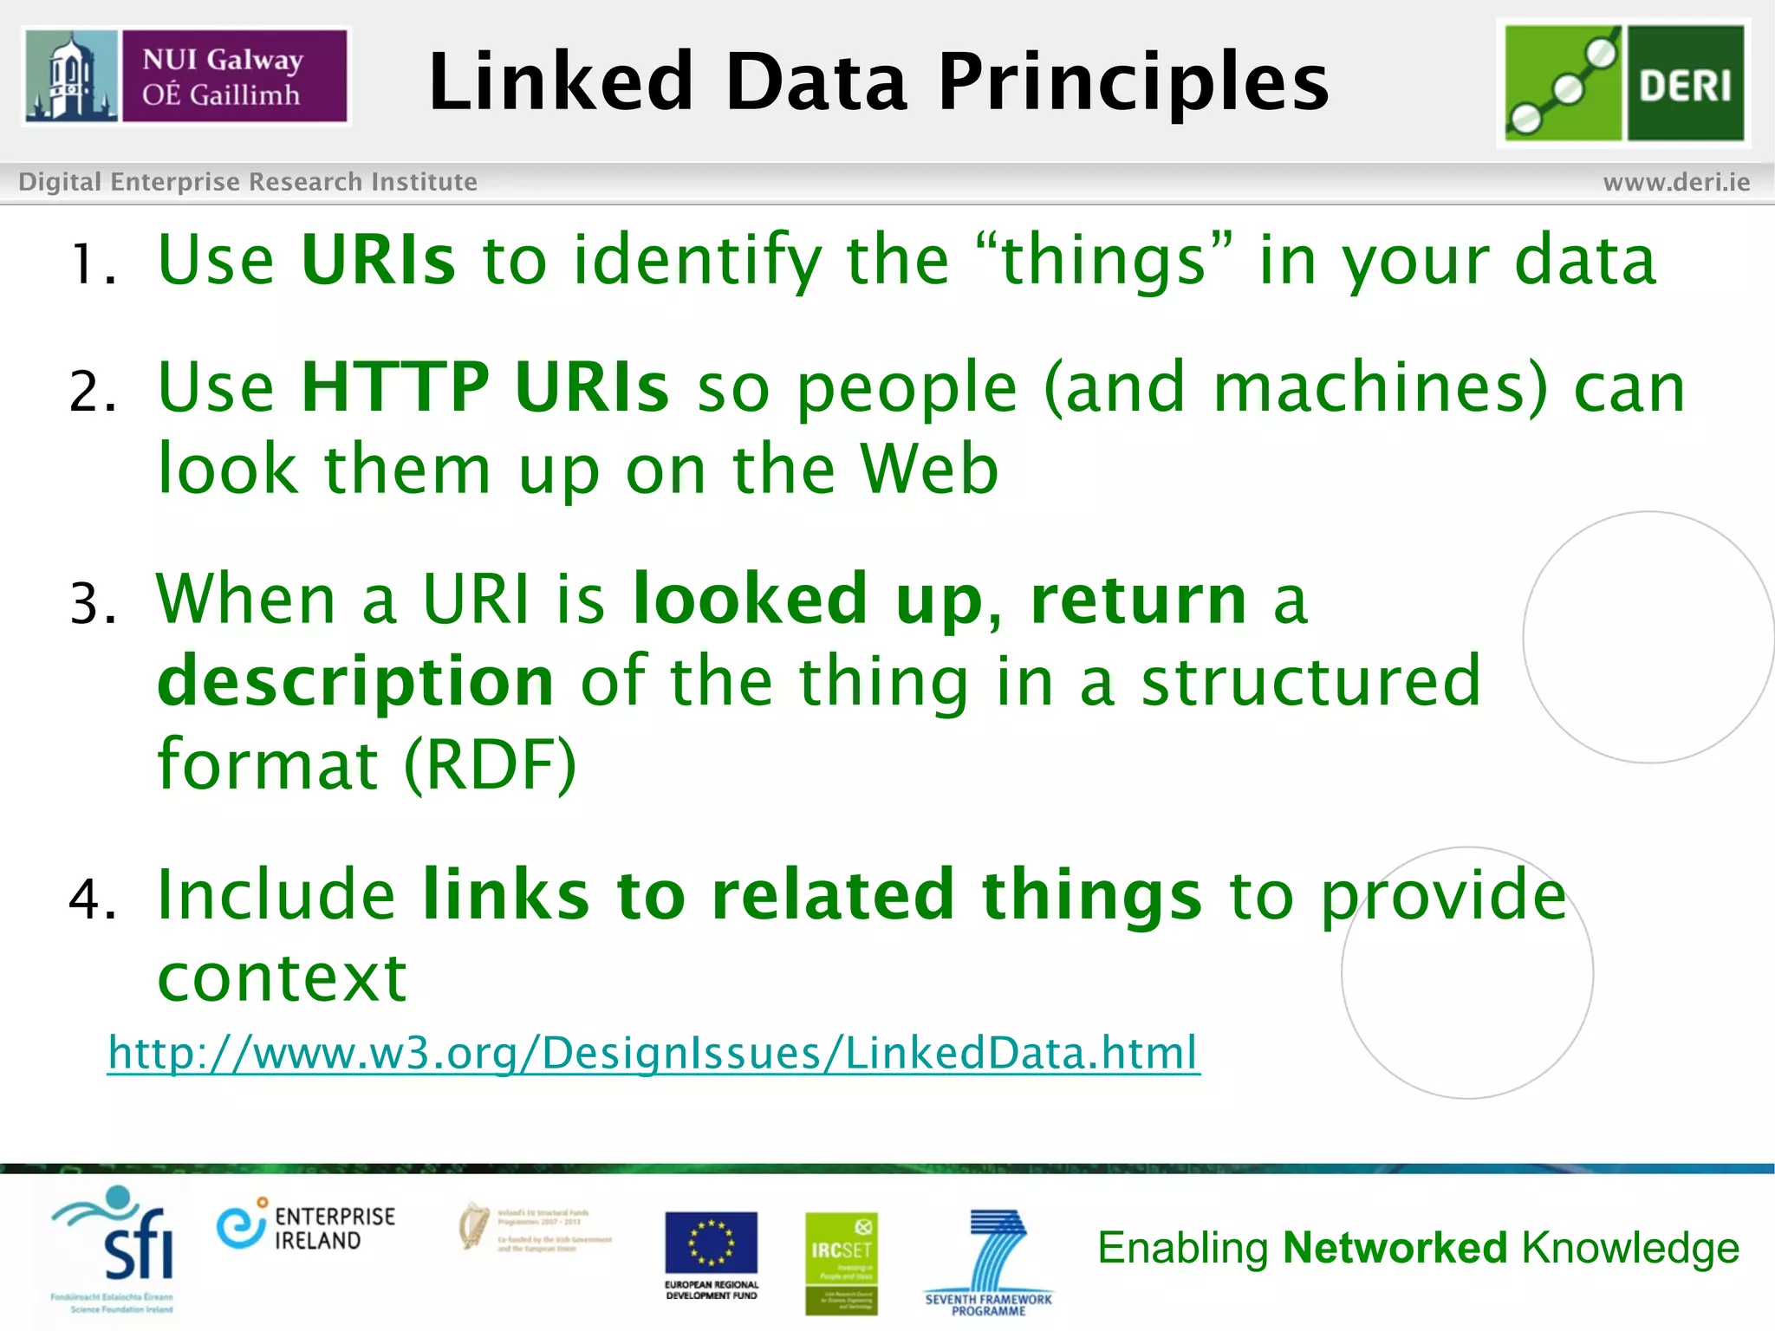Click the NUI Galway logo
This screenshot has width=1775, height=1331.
(186, 77)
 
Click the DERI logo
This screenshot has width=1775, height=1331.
(1624, 83)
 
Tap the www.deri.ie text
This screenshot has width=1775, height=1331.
(1676, 182)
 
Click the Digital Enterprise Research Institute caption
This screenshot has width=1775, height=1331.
(248, 182)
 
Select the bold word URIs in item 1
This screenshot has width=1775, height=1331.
(378, 260)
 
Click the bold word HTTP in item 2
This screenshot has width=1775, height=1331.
(395, 387)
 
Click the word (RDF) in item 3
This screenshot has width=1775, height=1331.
(490, 764)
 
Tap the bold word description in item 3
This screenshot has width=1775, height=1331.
(355, 682)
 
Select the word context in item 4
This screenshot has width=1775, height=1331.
(282, 977)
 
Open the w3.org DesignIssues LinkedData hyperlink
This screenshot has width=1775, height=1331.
(653, 1053)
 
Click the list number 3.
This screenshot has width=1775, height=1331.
(92, 603)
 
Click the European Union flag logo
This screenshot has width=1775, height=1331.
(711, 1243)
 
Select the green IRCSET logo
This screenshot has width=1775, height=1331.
(841, 1262)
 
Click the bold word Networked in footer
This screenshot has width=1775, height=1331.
(1395, 1249)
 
